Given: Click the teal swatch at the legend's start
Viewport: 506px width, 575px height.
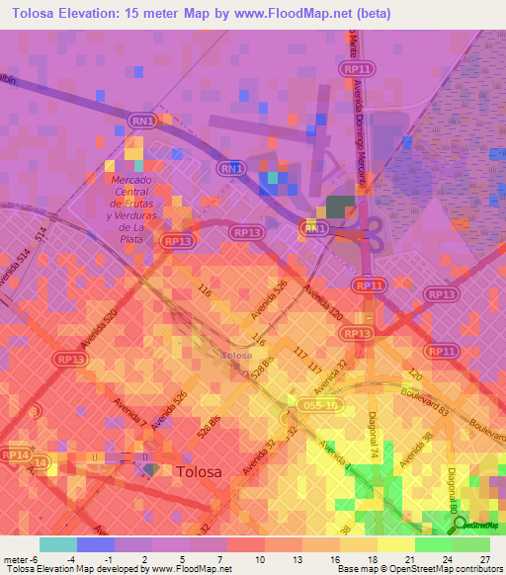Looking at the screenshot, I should pyautogui.click(x=57, y=544).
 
